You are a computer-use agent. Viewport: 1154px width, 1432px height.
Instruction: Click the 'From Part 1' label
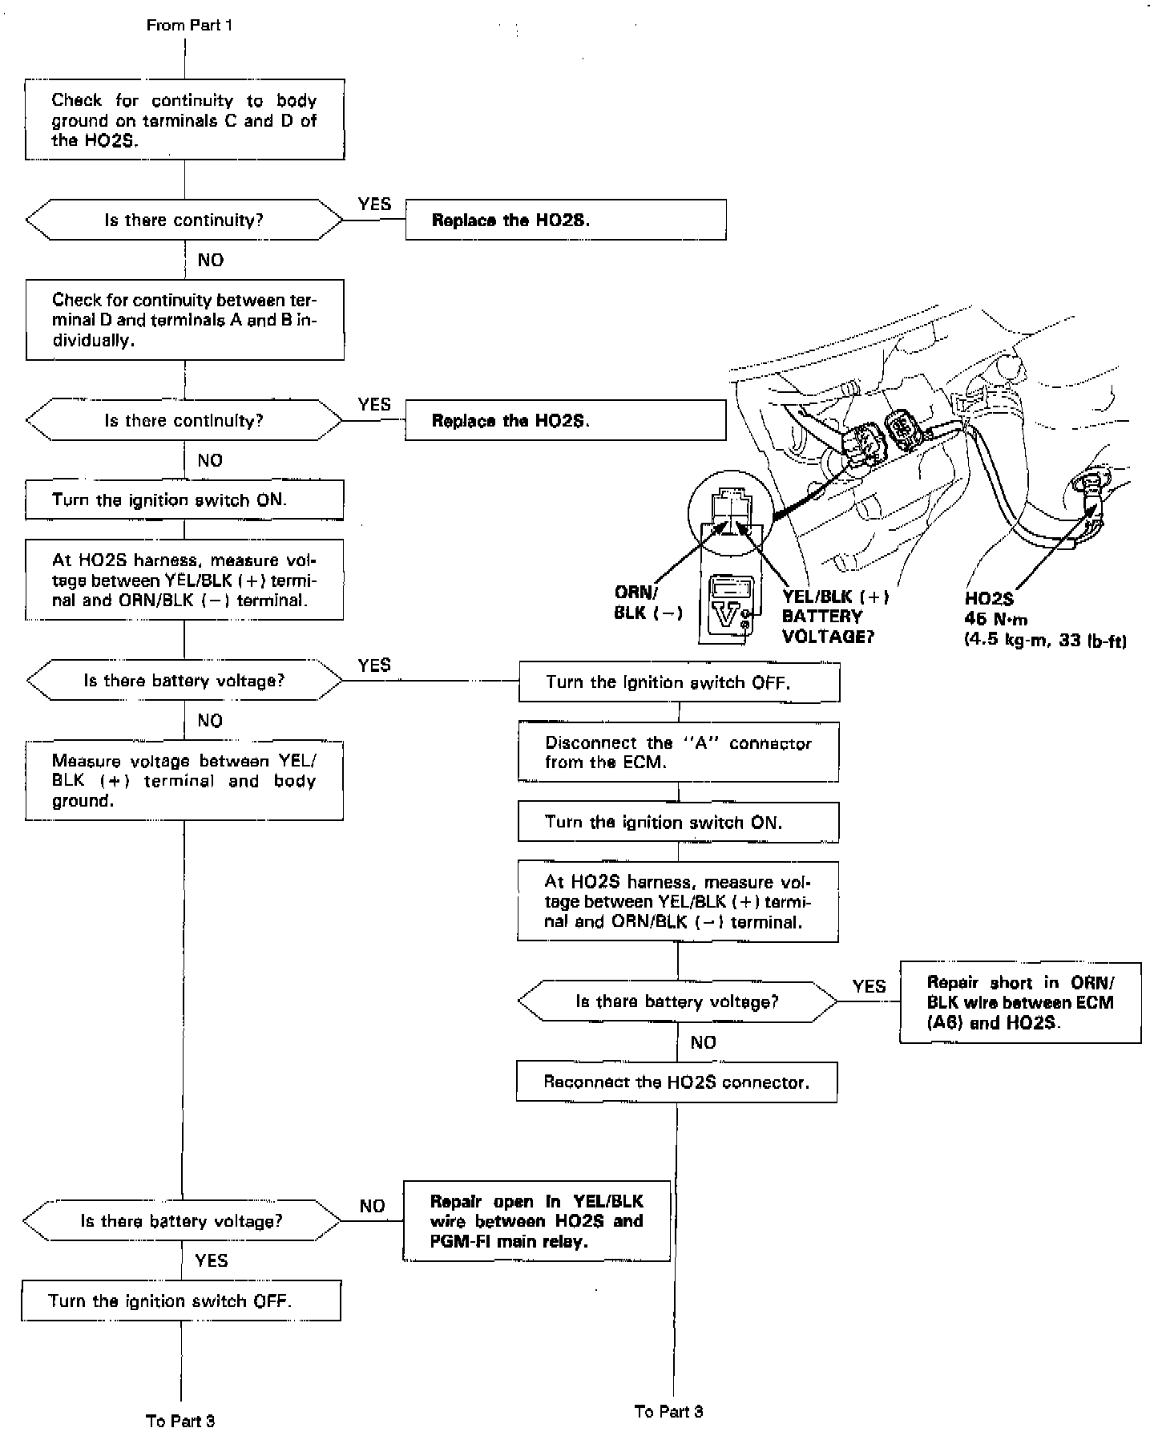[189, 26]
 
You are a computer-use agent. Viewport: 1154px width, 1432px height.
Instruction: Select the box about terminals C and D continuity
[185, 119]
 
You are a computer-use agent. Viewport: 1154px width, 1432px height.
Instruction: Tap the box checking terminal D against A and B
[185, 320]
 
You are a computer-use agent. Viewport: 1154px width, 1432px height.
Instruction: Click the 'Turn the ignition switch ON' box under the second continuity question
[185, 500]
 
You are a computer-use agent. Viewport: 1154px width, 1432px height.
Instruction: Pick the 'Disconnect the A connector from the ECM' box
[678, 752]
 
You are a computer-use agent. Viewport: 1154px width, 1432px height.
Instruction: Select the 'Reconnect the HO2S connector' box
[677, 1082]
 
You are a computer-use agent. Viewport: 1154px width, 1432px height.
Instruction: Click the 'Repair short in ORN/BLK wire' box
[1020, 1003]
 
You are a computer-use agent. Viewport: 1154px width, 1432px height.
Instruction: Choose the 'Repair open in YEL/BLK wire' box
[536, 1221]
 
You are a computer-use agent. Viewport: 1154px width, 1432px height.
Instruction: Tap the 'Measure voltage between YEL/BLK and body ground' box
[184, 780]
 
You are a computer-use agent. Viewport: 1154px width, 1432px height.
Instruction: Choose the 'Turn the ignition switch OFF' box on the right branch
[680, 682]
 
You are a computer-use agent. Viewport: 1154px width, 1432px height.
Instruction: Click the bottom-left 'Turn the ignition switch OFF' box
[181, 1301]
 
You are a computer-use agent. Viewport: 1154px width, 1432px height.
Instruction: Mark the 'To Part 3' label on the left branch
[181, 1421]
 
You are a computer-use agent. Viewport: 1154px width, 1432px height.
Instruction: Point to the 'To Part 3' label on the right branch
[669, 1411]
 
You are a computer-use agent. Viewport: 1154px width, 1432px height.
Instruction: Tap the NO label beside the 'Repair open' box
[372, 1206]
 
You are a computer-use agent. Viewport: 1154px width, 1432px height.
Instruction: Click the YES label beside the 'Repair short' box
[869, 986]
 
